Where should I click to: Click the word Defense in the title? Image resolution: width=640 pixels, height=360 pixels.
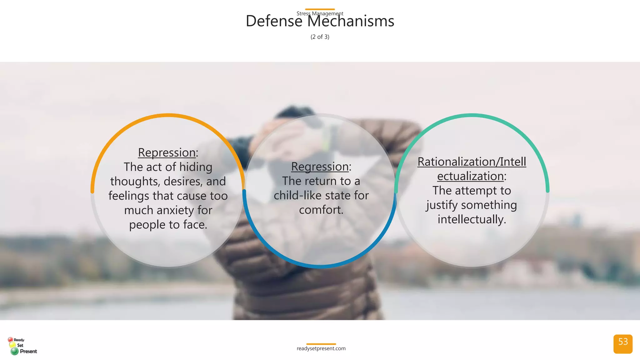(274, 22)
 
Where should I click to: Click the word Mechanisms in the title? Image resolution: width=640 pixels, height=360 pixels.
(351, 22)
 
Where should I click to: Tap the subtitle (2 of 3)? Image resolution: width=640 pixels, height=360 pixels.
(320, 37)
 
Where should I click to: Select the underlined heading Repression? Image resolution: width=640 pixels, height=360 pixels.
(167, 152)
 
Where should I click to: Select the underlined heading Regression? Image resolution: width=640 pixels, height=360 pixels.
(320, 167)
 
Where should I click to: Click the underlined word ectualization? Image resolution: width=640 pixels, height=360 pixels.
(470, 176)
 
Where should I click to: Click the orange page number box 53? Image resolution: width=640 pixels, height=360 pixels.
(623, 344)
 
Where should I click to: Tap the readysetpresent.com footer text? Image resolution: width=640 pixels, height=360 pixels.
(321, 348)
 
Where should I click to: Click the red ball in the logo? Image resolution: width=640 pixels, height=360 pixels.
(10, 339)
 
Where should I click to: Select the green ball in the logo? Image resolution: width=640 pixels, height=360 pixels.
(14, 351)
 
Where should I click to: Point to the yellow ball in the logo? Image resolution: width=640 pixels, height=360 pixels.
(12, 345)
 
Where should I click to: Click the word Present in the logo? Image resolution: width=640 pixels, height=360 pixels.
(28, 351)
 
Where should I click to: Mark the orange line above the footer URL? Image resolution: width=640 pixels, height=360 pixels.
(321, 344)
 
